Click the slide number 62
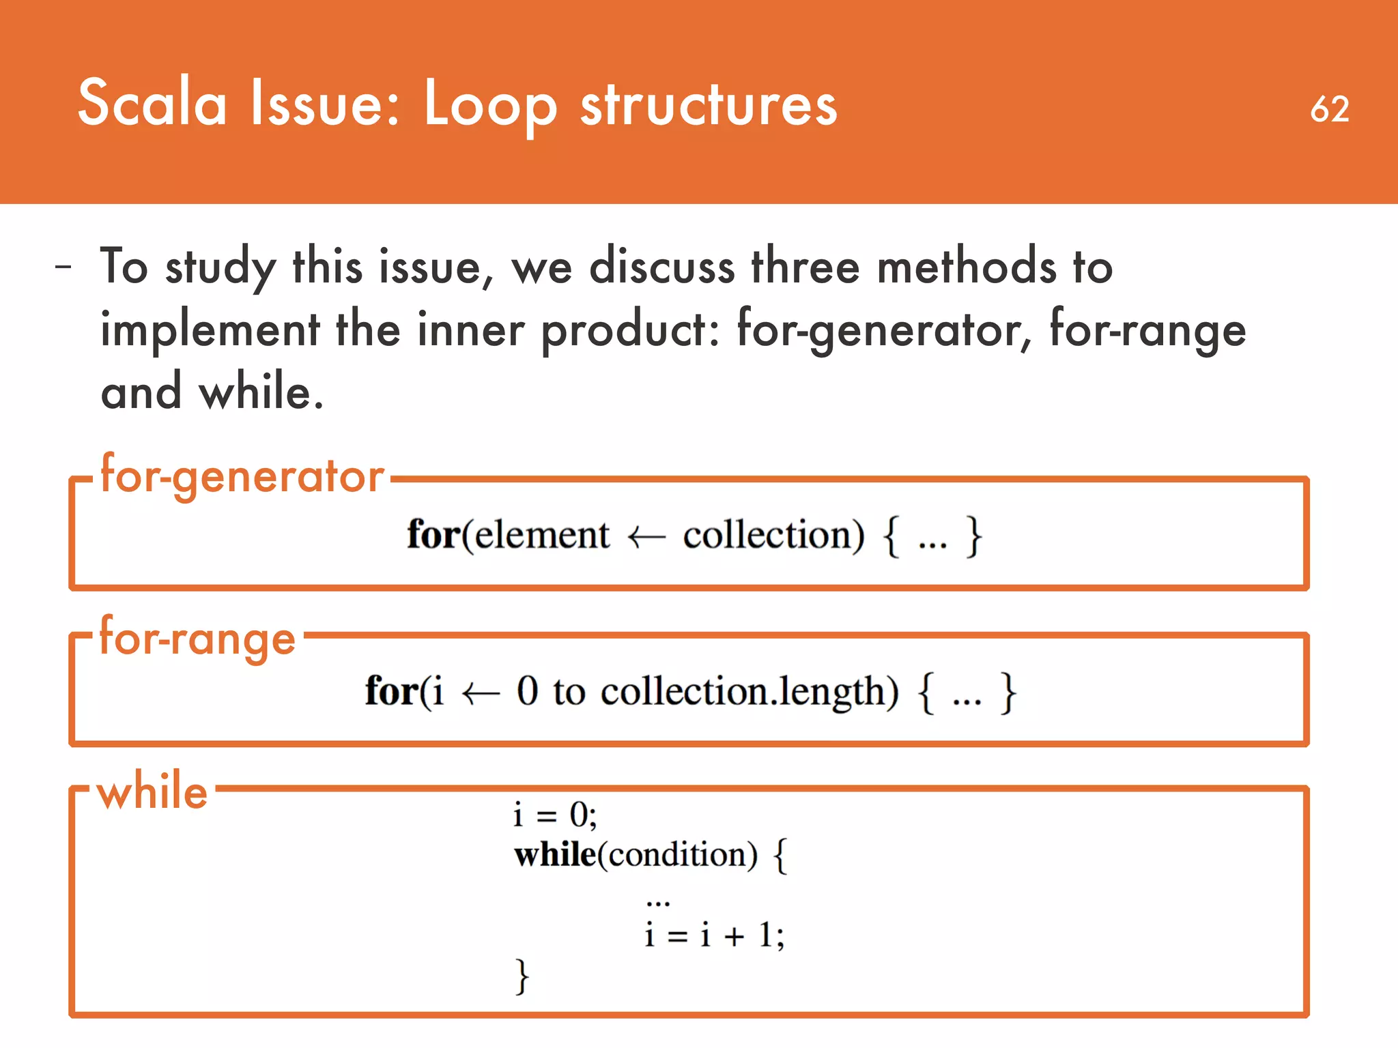[x=1329, y=109]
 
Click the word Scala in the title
[x=152, y=103]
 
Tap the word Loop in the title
[x=489, y=106]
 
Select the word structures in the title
[x=709, y=106]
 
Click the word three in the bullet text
[x=805, y=267]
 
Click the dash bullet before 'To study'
[x=63, y=267]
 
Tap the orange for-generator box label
[x=242, y=476]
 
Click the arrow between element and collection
[x=646, y=537]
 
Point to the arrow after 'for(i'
[x=481, y=694]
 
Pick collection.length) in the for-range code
[x=749, y=693]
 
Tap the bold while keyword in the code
[x=555, y=854]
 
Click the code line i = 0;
[x=555, y=815]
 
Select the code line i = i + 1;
[x=714, y=935]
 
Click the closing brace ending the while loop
[x=522, y=976]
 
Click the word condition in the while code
[x=678, y=855]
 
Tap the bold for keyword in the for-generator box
[x=433, y=534]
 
